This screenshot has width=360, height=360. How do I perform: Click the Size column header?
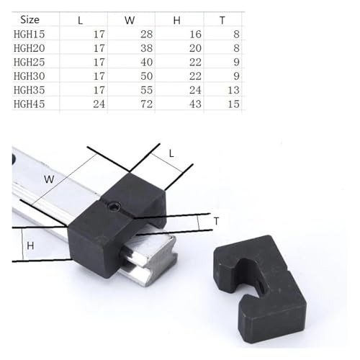[30, 19]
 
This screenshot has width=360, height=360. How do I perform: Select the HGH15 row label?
[30, 34]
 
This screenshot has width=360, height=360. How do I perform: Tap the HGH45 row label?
[30, 104]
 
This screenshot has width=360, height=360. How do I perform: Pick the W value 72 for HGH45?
[146, 104]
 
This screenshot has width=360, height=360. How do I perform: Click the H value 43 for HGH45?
[195, 104]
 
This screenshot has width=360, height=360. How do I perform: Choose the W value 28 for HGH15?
[146, 34]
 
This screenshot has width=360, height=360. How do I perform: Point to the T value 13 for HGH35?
[233, 90]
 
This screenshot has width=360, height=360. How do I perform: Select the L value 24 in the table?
[99, 104]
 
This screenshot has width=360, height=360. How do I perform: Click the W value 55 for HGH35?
[146, 90]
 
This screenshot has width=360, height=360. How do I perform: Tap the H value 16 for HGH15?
[195, 34]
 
